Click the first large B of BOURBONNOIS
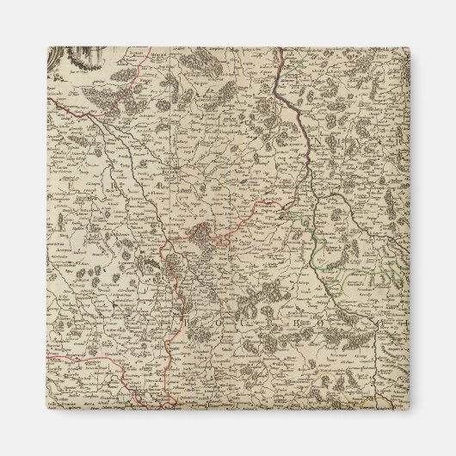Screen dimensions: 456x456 click(185, 321)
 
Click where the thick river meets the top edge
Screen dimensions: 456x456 click(280, 49)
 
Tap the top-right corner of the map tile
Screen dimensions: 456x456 click(408, 46)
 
